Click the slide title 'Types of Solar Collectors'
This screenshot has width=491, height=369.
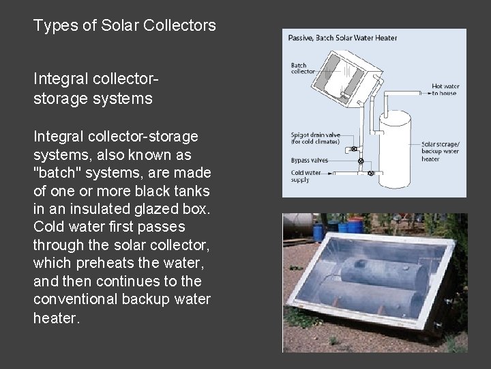125,27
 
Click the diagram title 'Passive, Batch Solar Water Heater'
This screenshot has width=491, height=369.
343,38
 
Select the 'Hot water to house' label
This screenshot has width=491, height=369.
445,90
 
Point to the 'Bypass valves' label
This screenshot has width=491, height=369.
310,160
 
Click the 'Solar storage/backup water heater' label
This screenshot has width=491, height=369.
440,151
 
